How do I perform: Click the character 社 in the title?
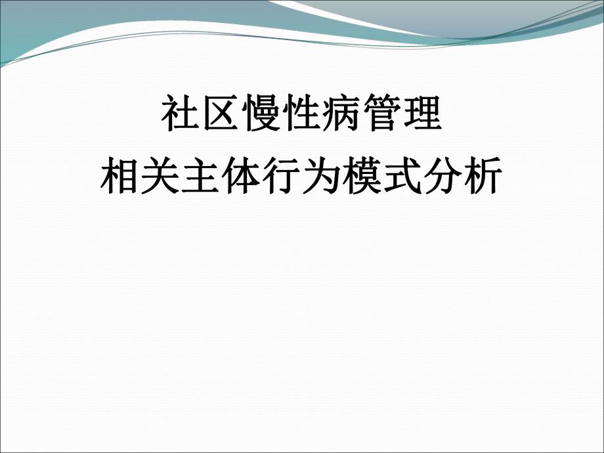(x=181, y=116)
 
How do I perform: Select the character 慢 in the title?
(x=262, y=116)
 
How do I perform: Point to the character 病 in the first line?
(x=342, y=116)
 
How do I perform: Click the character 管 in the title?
(x=382, y=116)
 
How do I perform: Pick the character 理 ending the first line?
(x=422, y=116)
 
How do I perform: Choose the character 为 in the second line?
(x=322, y=177)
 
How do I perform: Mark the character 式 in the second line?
(x=402, y=177)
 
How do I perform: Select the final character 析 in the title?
(x=483, y=177)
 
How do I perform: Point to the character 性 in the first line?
(x=302, y=116)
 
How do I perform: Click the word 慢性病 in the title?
(x=302, y=116)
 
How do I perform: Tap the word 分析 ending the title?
(x=463, y=177)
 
